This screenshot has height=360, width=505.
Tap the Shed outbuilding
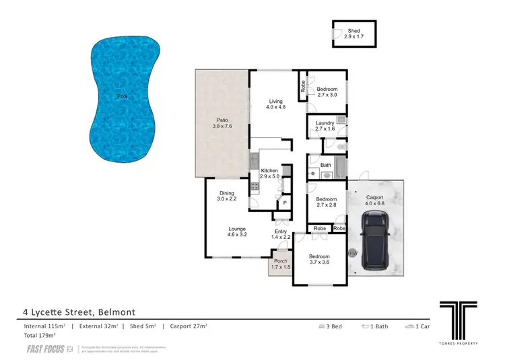click(x=354, y=34)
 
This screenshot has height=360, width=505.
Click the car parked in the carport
click(x=374, y=240)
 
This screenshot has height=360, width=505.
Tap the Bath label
click(x=326, y=165)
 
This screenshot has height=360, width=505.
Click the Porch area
click(x=280, y=264)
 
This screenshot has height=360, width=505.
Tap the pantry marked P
click(x=284, y=203)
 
